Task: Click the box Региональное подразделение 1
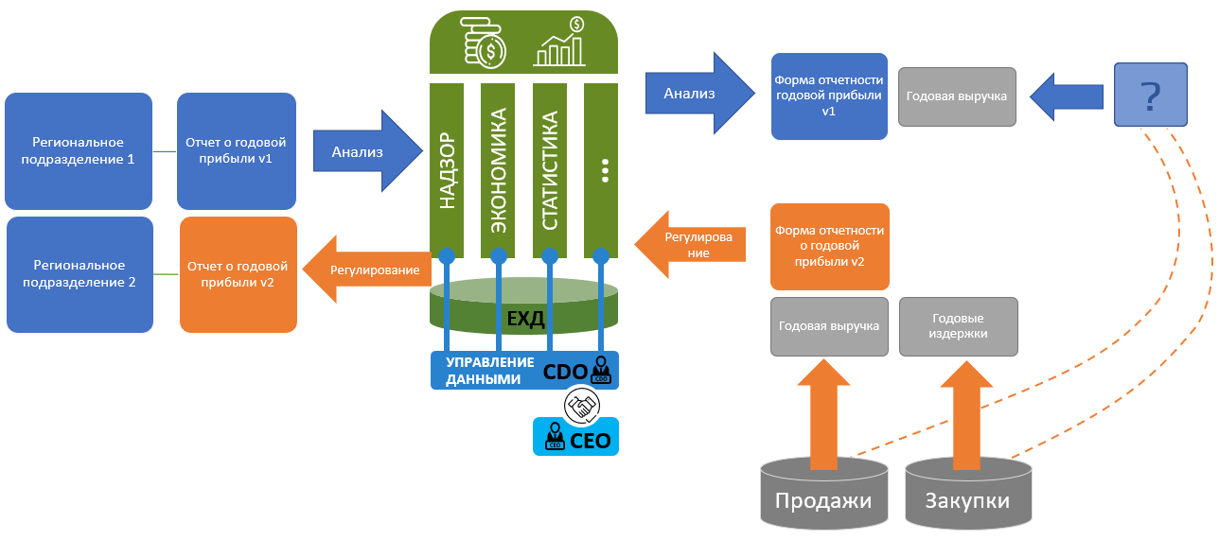78,151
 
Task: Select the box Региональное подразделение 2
79,274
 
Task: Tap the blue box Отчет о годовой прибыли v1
236,151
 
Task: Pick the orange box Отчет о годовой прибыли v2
238,274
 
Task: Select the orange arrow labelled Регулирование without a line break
368,270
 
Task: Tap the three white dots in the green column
602,170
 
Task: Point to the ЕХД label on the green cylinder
525,318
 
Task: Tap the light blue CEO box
575,438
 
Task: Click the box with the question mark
1150,95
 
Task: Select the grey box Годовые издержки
958,326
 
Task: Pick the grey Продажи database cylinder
823,496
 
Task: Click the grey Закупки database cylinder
967,496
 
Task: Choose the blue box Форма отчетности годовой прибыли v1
829,96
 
